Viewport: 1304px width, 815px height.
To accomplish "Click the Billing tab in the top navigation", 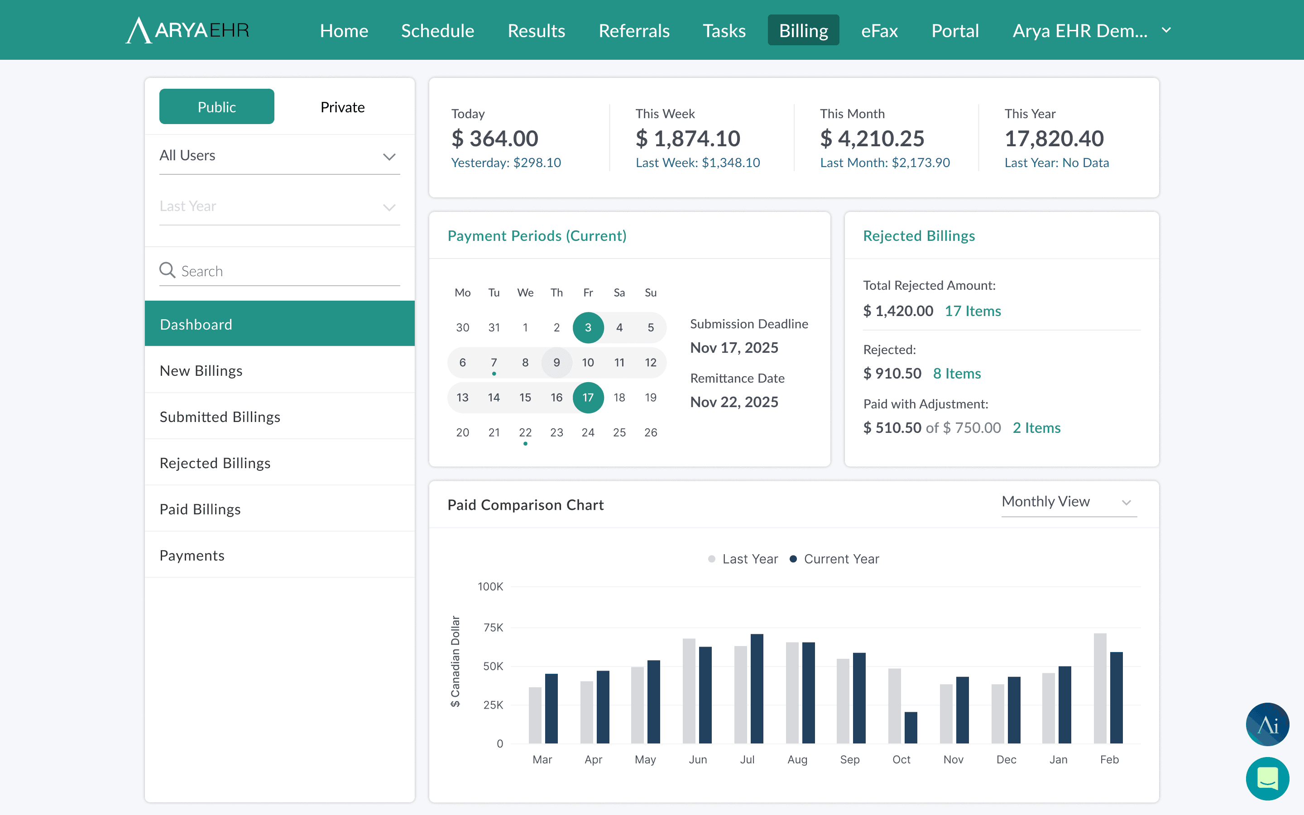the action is [x=803, y=30].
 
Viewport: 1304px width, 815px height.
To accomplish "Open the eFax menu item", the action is [x=879, y=31].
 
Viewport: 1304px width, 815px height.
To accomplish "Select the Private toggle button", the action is [x=343, y=107].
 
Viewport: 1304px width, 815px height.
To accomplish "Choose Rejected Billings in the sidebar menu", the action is [x=215, y=463].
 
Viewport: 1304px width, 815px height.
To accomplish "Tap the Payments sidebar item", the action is [x=192, y=555].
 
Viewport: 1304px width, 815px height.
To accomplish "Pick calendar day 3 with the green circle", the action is [x=588, y=328].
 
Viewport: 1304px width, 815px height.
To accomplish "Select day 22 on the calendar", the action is [x=525, y=432].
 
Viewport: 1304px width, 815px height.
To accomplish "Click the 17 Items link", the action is [x=973, y=311].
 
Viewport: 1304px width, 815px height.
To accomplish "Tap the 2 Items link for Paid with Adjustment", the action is [x=1037, y=428].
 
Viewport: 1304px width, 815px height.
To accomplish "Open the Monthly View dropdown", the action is [x=1069, y=502].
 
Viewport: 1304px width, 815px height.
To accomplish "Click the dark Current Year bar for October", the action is [x=911, y=728].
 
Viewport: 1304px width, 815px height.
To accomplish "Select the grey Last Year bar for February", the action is [x=1100, y=688].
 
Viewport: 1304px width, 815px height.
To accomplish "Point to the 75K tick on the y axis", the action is [x=493, y=628].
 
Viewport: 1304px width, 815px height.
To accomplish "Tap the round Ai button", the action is [x=1267, y=724].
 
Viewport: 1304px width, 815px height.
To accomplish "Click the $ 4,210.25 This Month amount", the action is [x=872, y=139].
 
